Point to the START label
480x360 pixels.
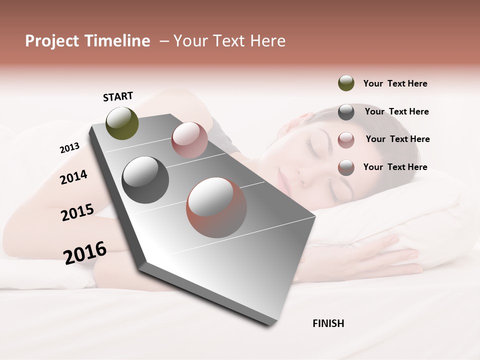point(118,96)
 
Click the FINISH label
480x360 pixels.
point(328,323)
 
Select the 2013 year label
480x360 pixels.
point(69,148)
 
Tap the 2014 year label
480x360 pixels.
point(73,177)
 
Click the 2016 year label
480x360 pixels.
point(85,252)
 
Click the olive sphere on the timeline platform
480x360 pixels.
point(122,123)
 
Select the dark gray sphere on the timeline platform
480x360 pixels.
point(145,180)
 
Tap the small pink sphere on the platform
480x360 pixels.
point(189,140)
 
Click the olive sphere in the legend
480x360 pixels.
point(346,83)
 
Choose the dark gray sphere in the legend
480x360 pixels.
point(346,112)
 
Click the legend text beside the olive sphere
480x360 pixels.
point(395,83)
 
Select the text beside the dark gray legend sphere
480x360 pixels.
point(396,111)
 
